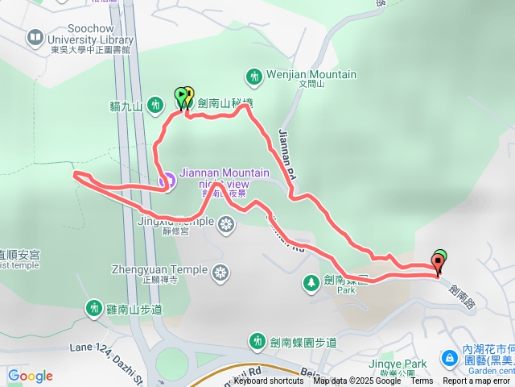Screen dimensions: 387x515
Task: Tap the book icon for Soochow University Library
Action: click(x=35, y=36)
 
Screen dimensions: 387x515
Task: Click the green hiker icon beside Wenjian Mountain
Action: click(x=254, y=77)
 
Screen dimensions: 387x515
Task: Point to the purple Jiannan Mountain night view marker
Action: click(x=167, y=181)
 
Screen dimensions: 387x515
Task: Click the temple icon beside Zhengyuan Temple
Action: click(x=220, y=274)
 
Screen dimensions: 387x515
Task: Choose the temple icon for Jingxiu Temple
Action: click(x=227, y=223)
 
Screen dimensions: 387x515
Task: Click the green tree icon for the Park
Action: click(x=310, y=282)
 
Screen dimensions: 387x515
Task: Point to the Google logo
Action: click(x=30, y=376)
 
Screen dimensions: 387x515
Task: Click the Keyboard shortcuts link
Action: click(x=269, y=381)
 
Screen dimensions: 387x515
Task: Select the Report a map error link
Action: click(x=476, y=381)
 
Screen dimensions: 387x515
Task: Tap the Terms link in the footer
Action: click(x=422, y=381)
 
